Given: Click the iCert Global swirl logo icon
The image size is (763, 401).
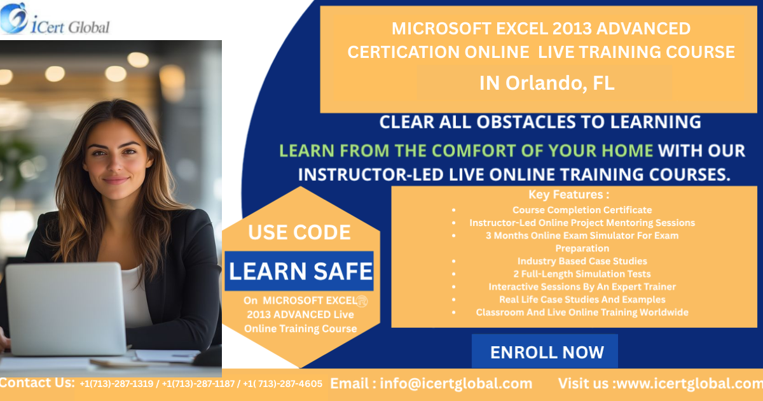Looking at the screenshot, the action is click(13, 18).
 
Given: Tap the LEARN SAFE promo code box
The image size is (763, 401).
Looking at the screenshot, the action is click(299, 271).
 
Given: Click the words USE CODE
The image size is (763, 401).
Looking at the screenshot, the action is click(299, 232).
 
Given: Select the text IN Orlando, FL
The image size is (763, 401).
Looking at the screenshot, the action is click(547, 83).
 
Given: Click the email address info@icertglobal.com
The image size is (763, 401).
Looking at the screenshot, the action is click(456, 384).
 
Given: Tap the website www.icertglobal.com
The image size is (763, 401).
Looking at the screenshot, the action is click(690, 384).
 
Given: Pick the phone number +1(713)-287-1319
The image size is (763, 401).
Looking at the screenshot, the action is click(116, 384).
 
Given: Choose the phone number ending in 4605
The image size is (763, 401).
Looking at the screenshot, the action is click(283, 384).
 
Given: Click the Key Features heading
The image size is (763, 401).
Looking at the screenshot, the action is click(569, 194).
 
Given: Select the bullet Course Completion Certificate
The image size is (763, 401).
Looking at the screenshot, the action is click(582, 210).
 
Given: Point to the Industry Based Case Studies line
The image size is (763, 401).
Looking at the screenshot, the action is click(582, 261).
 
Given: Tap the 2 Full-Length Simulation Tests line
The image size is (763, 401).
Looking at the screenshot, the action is click(582, 274).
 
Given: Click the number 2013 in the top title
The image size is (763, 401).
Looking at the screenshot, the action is click(572, 29).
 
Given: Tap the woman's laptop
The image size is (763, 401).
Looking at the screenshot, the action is click(66, 309).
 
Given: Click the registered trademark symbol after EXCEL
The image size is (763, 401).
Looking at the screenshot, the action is click(362, 302).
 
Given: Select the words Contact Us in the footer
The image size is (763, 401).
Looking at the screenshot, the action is click(37, 383).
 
